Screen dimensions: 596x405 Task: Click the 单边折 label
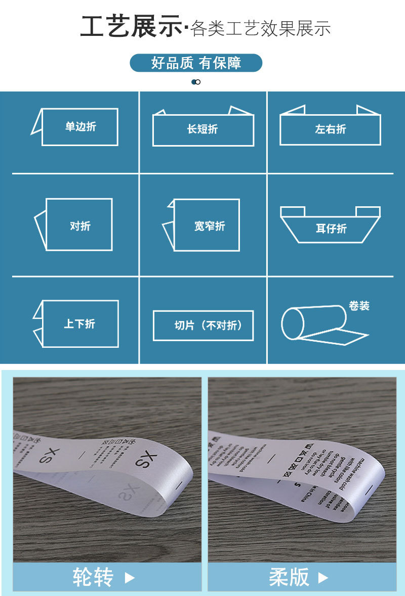coord(80,127)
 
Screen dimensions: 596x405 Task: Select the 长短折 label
coord(202,129)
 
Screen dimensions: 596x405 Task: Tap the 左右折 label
coord(330,129)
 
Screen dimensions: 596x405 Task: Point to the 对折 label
coord(80,226)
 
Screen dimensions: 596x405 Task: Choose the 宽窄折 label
coord(209,226)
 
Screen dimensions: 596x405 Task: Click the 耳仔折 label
coord(331,228)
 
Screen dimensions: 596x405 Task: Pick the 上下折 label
coord(79,324)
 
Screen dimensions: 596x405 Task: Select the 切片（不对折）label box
coord(203,326)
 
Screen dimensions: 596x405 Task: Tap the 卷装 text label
coord(359,306)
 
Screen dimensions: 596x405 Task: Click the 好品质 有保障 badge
coord(196,63)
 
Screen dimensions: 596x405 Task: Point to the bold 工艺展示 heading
coord(131,27)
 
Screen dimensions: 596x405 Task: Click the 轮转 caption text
coord(93,577)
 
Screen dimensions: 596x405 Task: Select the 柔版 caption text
coord(289,577)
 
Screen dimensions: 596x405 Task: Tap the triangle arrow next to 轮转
coord(130,578)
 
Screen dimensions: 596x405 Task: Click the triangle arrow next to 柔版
coord(323,578)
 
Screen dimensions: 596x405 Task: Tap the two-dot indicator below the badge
coord(196,82)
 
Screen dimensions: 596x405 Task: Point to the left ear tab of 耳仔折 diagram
coord(293,211)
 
